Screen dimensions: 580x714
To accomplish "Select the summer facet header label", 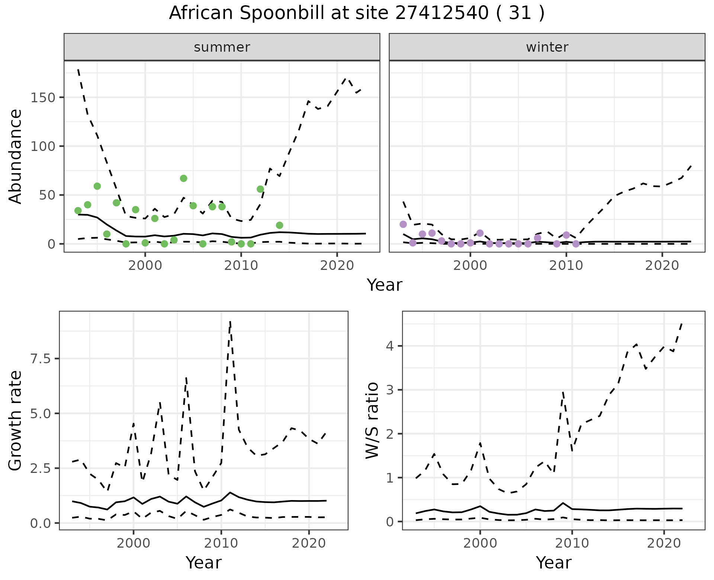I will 222,47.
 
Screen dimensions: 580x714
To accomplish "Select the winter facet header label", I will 547,47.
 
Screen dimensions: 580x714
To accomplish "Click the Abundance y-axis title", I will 16,156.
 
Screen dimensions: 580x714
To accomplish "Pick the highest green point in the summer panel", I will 183,178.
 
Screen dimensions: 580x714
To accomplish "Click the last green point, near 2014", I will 280,225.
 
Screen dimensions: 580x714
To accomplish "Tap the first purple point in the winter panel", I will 403,224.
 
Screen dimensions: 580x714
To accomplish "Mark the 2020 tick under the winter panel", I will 662,265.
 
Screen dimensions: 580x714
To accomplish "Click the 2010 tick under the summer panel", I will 241,265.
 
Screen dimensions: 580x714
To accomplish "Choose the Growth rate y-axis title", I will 16,420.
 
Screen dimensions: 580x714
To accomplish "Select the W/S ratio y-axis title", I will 372,420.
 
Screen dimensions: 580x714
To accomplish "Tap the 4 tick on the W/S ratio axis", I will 389,346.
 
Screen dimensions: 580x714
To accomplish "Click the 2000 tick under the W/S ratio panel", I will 480,543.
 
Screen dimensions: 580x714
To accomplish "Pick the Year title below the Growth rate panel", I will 203,563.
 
